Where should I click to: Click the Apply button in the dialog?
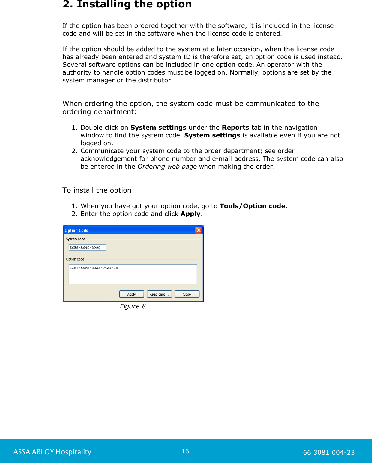pyautogui.click(x=131, y=294)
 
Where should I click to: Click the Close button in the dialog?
pyautogui.click(x=187, y=294)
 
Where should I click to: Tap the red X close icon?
pyautogui.click(x=199, y=230)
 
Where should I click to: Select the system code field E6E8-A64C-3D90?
pyautogui.click(x=87, y=247)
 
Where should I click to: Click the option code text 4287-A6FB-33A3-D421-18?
pyautogui.click(x=94, y=268)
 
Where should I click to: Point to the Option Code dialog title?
pyautogui.click(x=76, y=230)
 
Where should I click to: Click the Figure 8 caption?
pyautogui.click(x=133, y=306)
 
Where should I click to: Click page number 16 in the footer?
pyautogui.click(x=185, y=451)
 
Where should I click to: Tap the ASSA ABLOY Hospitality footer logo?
pyautogui.click(x=52, y=452)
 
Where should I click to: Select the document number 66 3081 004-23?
pyautogui.click(x=329, y=452)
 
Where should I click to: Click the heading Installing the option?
pyautogui.click(x=127, y=4)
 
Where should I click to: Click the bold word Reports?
pyautogui.click(x=235, y=128)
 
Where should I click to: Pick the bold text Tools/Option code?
pyautogui.click(x=252, y=206)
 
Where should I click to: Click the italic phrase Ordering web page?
pyautogui.click(x=167, y=167)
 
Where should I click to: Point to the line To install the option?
pyautogui.click(x=98, y=190)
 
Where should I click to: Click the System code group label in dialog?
pyautogui.click(x=76, y=239)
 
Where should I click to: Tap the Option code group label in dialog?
pyautogui.click(x=75, y=259)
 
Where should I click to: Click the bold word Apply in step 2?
pyautogui.click(x=190, y=214)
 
